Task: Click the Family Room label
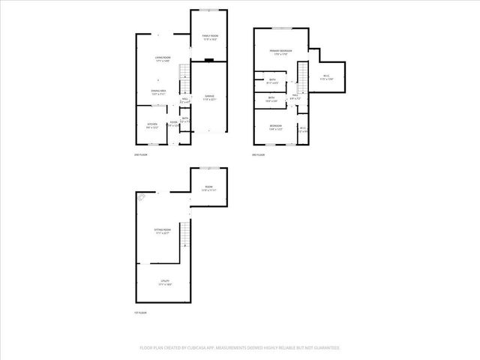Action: tap(209, 37)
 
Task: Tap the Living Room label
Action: tap(162, 58)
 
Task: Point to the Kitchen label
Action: tap(152, 124)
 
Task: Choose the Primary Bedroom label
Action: tap(280, 52)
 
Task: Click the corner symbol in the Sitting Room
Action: tap(142, 197)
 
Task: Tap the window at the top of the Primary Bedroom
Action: tap(282, 28)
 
